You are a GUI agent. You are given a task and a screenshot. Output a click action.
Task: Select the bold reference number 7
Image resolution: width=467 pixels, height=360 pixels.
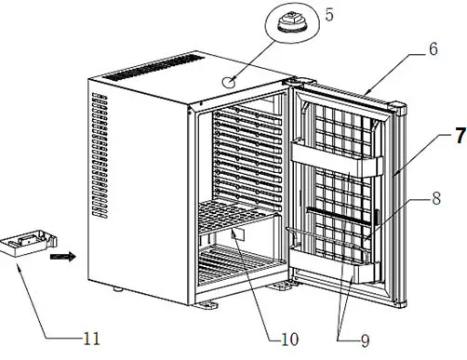point(459,135)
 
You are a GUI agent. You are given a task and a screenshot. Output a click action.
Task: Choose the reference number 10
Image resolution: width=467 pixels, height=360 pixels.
point(289,339)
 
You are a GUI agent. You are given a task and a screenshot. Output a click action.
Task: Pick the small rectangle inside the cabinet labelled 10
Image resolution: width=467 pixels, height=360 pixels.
point(236,233)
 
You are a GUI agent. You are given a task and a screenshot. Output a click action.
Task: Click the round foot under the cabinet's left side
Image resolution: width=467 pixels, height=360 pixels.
point(120,290)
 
